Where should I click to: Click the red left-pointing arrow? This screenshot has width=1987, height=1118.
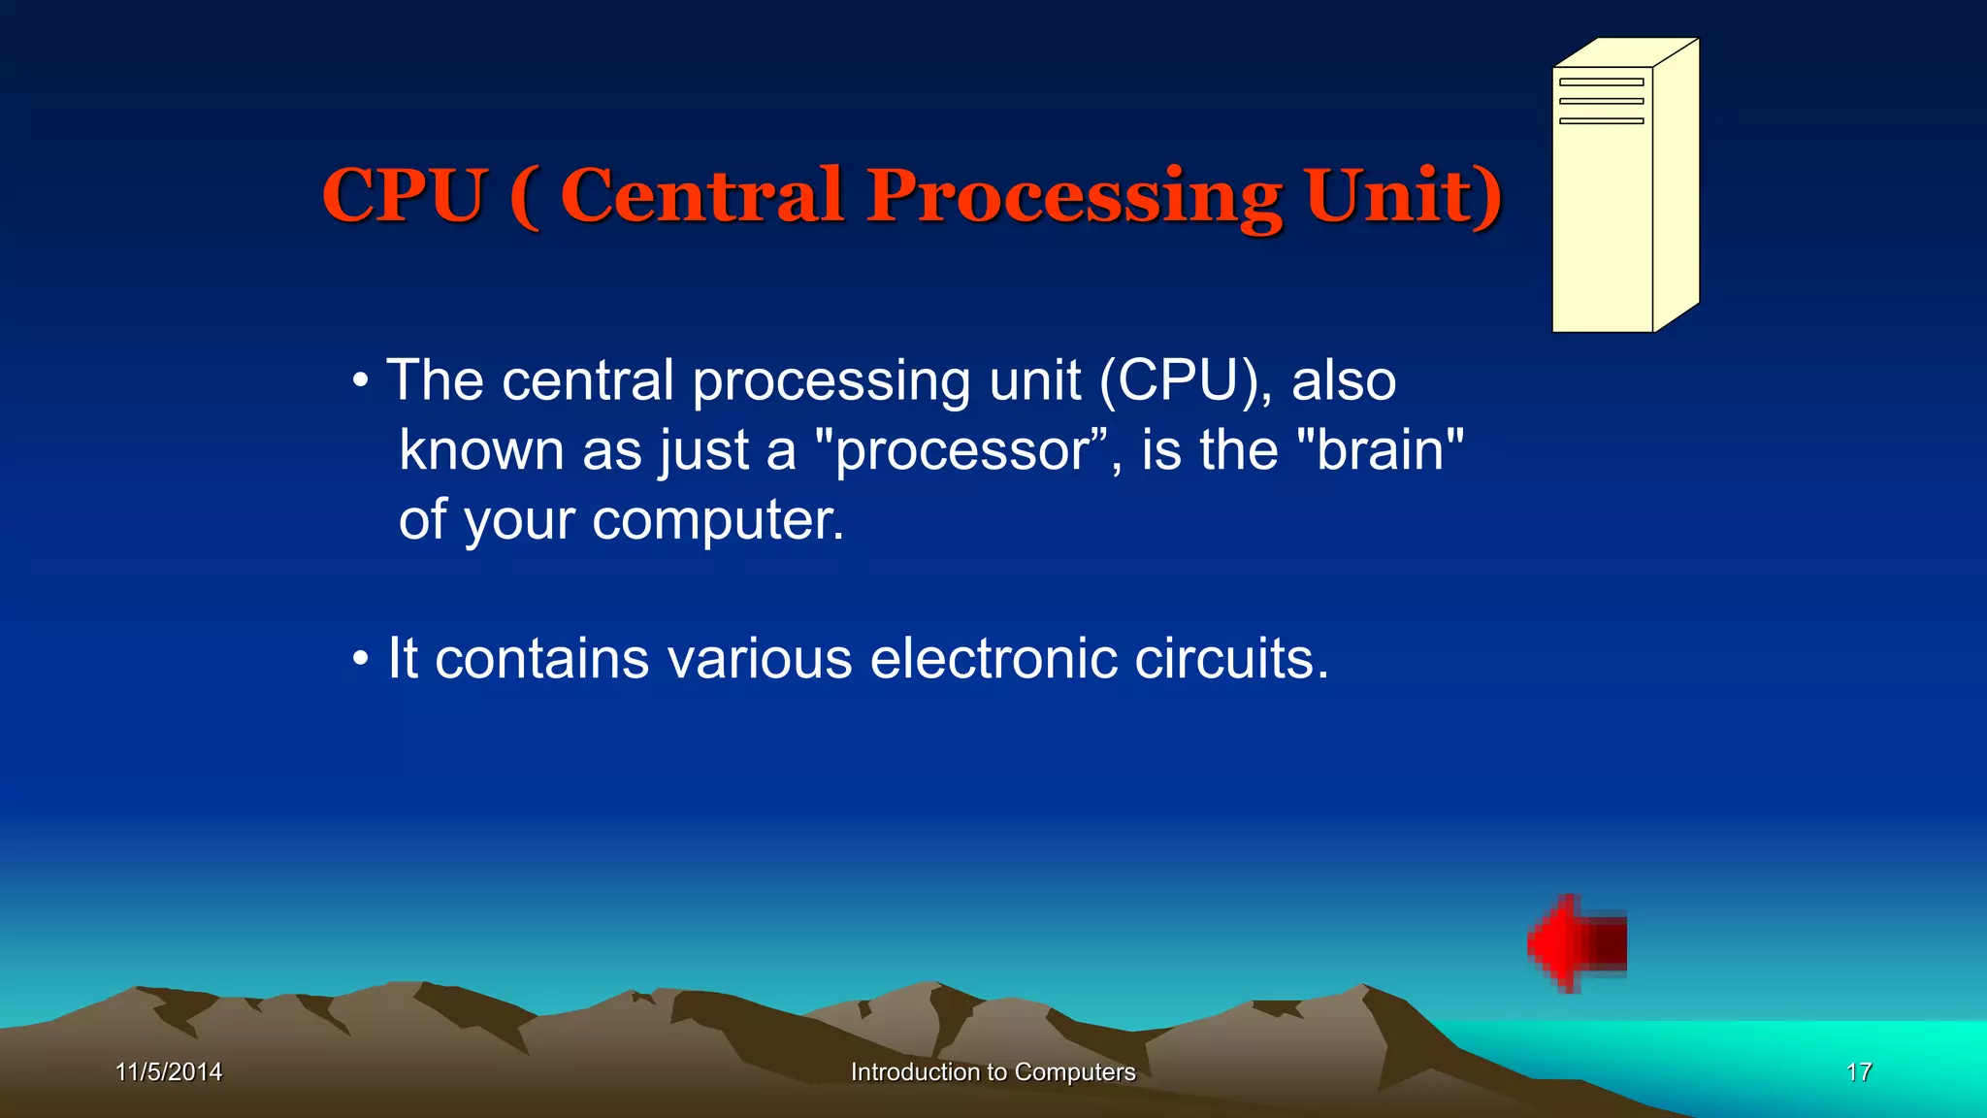pyautogui.click(x=1577, y=943)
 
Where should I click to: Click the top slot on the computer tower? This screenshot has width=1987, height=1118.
pyautogui.click(x=1601, y=82)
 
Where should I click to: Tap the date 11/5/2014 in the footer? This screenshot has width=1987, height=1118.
pyautogui.click(x=169, y=1071)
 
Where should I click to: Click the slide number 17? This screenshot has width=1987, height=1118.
pyautogui.click(x=1858, y=1071)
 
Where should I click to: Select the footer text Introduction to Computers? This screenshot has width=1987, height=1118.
pyautogui.click(x=993, y=1071)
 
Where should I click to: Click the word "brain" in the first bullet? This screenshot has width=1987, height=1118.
pyautogui.click(x=1380, y=450)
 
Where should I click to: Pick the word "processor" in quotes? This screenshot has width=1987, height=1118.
pyautogui.click(x=961, y=452)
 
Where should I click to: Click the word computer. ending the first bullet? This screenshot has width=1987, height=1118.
pyautogui.click(x=718, y=521)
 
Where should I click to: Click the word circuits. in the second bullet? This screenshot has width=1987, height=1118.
pyautogui.click(x=1231, y=659)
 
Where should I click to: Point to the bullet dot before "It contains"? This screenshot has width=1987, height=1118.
pyautogui.click(x=361, y=660)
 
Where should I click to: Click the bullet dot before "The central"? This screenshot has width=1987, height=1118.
pyautogui.click(x=361, y=381)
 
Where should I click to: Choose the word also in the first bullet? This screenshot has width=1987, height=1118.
pyautogui.click(x=1343, y=380)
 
